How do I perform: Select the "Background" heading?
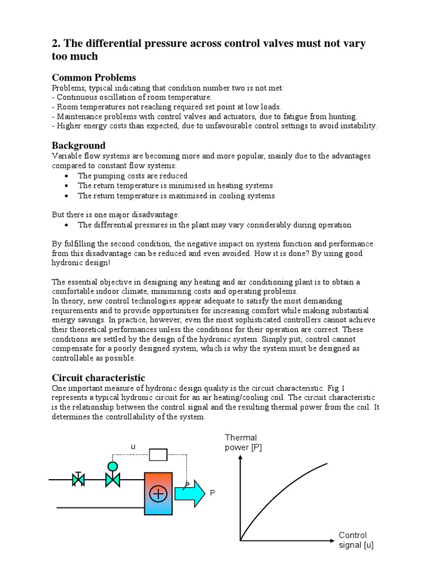[x=79, y=146]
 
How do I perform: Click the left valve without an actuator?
[x=78, y=480]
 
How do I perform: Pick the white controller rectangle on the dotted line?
[x=158, y=454]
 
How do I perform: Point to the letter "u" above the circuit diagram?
[x=133, y=446]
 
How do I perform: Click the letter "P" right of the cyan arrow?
[x=213, y=493]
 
